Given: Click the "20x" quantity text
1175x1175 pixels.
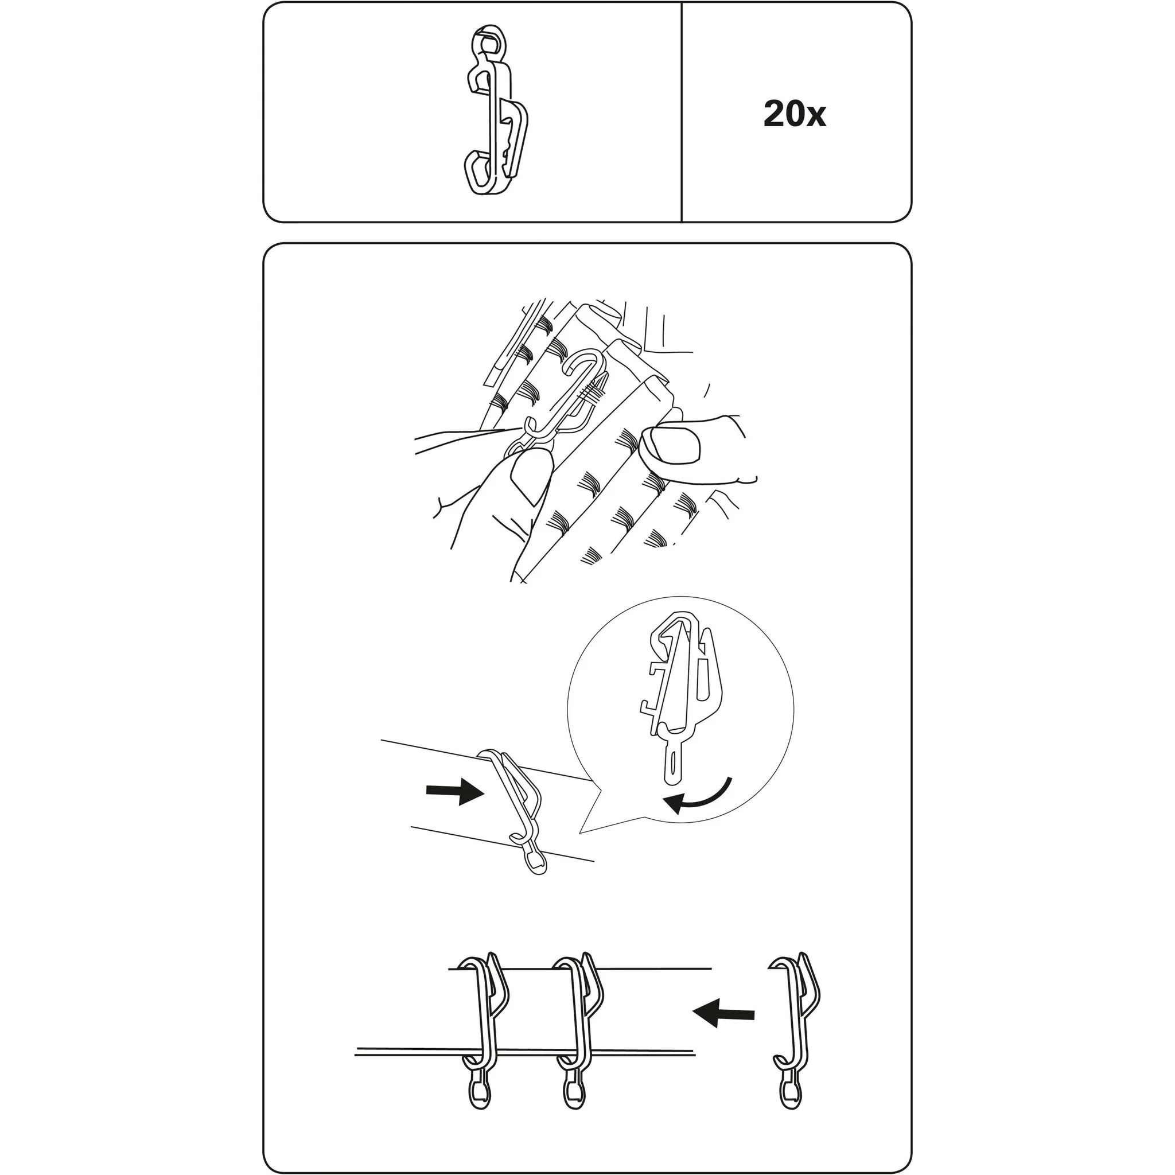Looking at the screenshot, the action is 794,114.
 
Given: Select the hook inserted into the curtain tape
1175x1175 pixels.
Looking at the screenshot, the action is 557,404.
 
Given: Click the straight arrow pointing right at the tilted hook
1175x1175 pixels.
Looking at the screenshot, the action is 455,791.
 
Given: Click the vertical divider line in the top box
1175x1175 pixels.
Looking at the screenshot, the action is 682,112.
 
